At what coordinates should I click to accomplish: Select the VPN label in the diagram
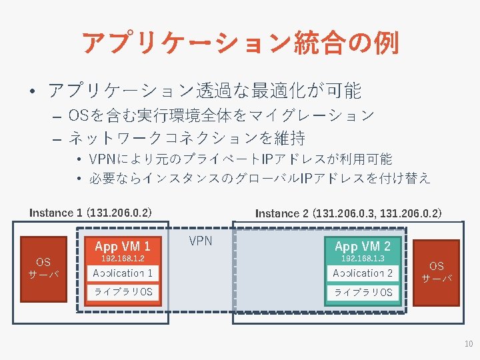tap(201, 241)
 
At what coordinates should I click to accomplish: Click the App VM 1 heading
tap(123, 246)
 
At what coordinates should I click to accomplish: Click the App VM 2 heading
tap(363, 246)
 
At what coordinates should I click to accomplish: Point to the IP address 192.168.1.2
tap(123, 258)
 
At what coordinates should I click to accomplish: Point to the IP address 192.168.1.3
tap(363, 258)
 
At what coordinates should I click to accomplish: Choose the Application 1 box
tap(123, 273)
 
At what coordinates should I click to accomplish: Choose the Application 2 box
tap(363, 273)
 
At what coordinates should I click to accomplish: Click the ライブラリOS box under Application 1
tap(123, 292)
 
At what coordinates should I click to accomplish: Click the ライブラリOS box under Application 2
tap(363, 292)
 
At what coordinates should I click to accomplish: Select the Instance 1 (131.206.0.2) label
tap(91, 213)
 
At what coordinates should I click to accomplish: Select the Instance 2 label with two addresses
tap(348, 213)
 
